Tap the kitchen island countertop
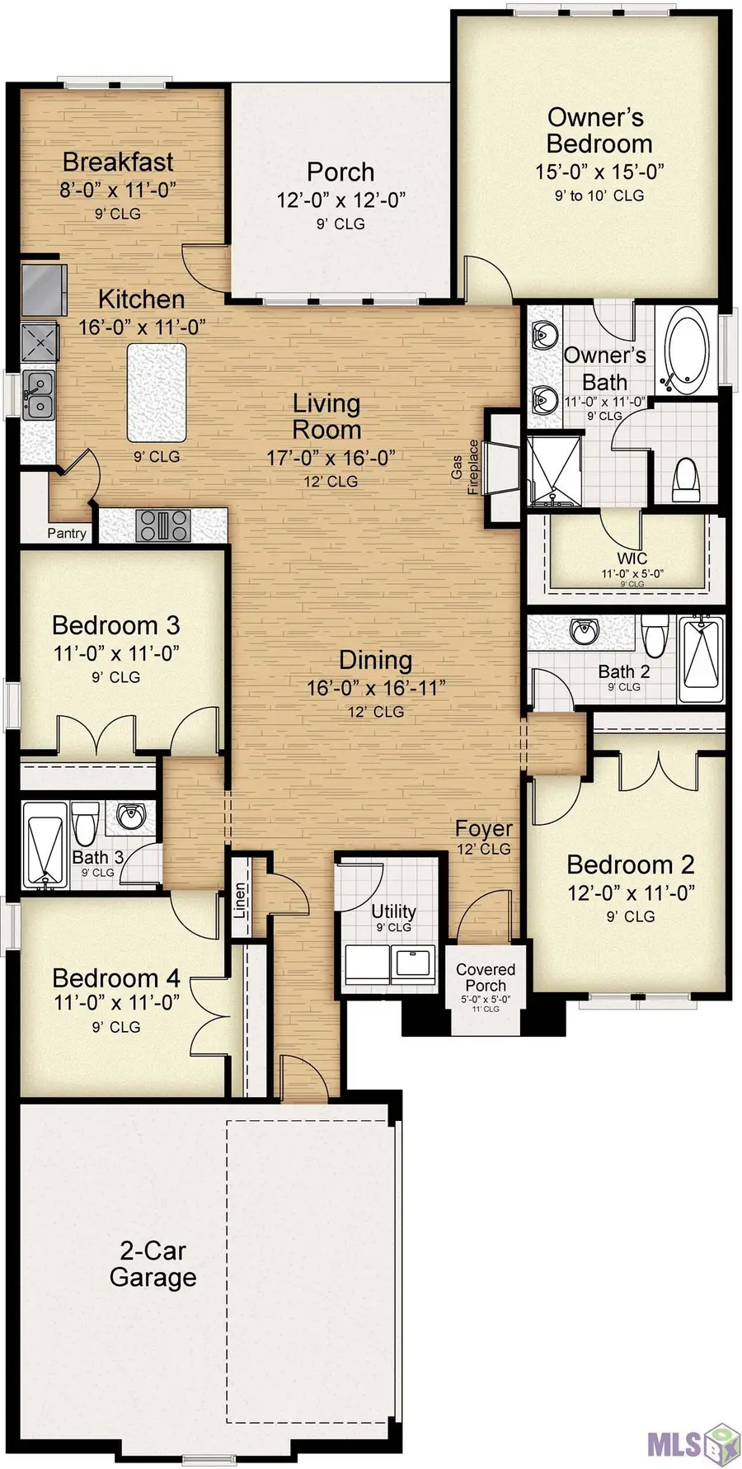[156, 393]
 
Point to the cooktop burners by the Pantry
[163, 525]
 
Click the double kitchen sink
[38, 395]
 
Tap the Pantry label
[66, 533]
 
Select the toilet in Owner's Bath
[686, 479]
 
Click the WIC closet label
[632, 558]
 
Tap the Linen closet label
[240, 901]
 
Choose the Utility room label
[393, 911]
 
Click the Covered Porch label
[486, 977]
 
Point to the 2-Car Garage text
[153, 1264]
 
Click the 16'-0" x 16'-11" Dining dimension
[376, 687]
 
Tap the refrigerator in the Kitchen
[43, 290]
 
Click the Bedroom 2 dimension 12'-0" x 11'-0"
[631, 892]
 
